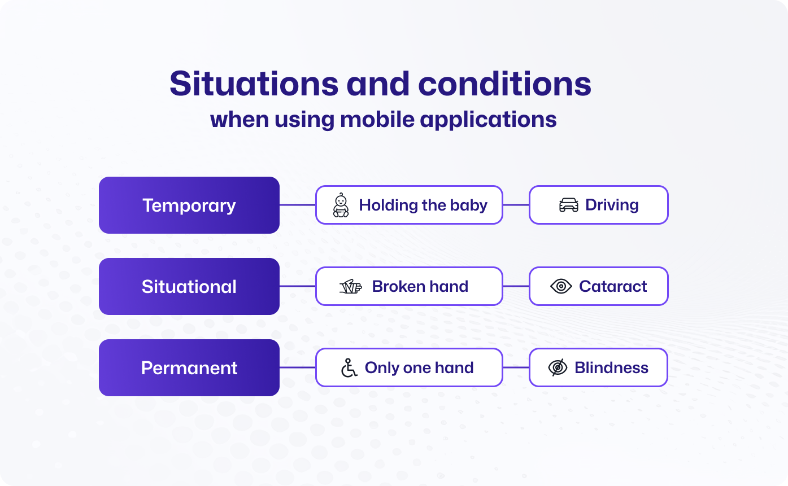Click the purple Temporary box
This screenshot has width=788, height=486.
coord(189,205)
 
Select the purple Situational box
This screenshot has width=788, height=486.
coord(189,286)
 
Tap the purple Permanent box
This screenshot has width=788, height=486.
coord(189,367)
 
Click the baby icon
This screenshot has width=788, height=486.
coord(341,205)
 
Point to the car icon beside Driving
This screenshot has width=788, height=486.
coord(568,205)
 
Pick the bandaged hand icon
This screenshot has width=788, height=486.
coord(350,286)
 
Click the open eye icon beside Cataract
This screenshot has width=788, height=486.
coord(561,286)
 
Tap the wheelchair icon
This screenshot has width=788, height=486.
coord(349,368)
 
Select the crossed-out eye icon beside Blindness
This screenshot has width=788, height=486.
coord(558,367)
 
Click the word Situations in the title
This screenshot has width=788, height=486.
coord(254,84)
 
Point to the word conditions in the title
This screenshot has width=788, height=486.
coord(505,84)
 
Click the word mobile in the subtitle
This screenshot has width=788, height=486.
coord(377,120)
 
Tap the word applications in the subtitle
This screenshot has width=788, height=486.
coord(488,120)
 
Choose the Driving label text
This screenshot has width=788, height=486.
coord(612,205)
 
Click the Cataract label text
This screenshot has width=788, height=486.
coord(613,286)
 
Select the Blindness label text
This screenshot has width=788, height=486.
coord(611,367)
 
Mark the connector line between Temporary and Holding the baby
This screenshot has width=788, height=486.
coord(298,205)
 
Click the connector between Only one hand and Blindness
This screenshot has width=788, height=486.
coord(516,367)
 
